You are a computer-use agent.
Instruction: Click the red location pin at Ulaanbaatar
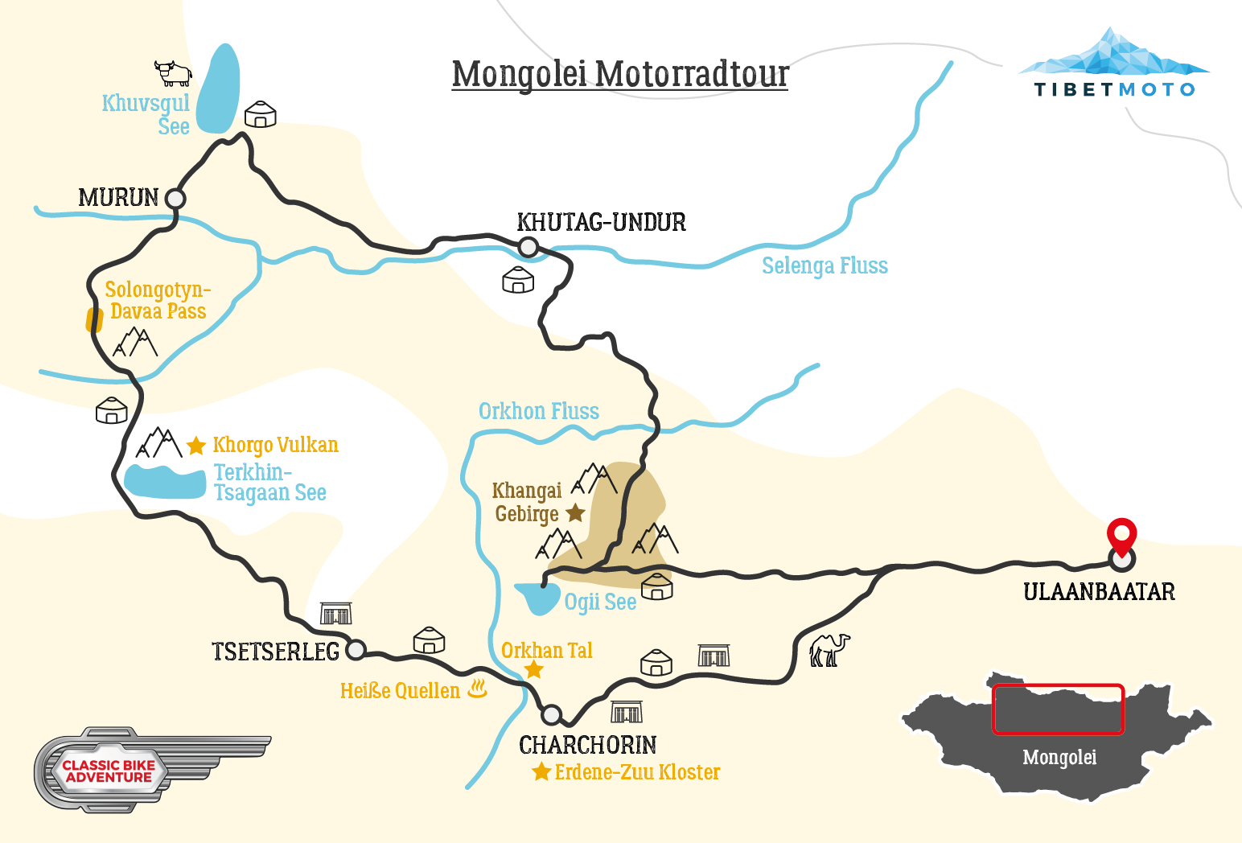coord(1121,536)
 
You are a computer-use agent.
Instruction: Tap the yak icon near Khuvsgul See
coord(173,72)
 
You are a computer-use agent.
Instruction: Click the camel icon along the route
coord(829,650)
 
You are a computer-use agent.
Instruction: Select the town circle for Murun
coord(175,198)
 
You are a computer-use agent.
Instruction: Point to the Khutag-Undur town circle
coord(528,247)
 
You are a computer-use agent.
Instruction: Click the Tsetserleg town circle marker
coord(356,649)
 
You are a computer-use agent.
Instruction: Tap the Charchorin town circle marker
coord(551,714)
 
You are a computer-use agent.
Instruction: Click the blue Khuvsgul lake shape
coord(219,88)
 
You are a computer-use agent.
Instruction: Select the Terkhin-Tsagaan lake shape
coord(164,482)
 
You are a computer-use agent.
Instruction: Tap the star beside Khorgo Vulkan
coord(196,446)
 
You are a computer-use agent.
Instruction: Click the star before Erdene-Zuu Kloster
coord(541,772)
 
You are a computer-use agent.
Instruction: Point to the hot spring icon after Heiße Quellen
coord(478,689)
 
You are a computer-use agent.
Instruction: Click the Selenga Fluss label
coord(825,266)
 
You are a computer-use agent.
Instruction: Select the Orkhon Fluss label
coord(538,412)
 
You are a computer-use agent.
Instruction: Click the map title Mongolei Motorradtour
coord(619,74)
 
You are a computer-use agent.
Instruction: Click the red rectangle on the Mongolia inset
coord(1058,709)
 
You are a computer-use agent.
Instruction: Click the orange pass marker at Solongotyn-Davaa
coord(94,320)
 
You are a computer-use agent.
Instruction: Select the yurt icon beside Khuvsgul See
coord(260,115)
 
